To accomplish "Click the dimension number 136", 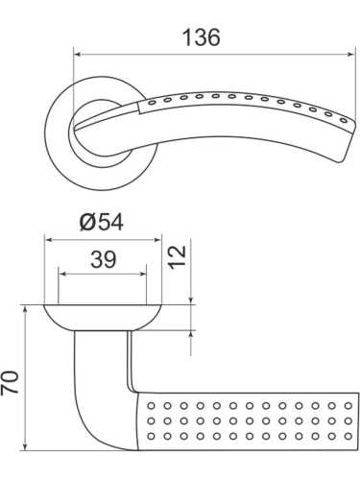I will [x=201, y=37].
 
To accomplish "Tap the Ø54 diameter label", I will [x=103, y=221].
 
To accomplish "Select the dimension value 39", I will [x=102, y=259].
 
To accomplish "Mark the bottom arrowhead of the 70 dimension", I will [x=22, y=455].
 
